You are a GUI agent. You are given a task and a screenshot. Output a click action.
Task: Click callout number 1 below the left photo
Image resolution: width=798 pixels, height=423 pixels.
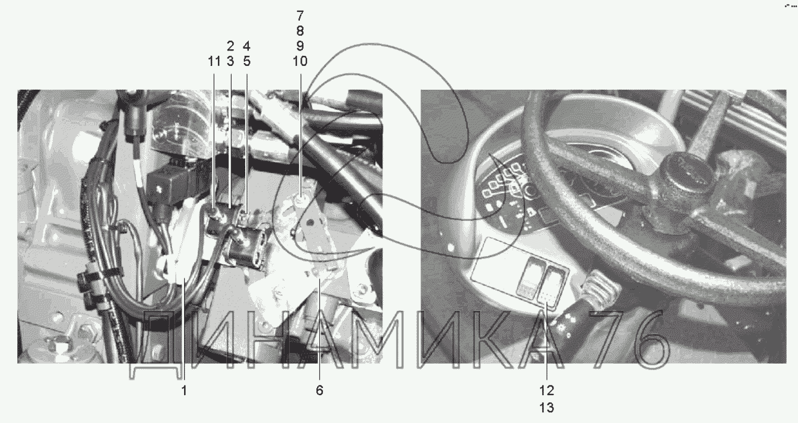184,390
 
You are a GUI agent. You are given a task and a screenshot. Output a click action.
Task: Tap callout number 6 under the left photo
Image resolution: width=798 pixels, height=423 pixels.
319,390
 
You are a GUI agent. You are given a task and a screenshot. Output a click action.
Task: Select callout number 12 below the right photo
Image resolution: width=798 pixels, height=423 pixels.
546,390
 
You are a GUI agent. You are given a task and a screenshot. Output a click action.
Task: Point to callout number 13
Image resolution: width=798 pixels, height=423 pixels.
546,408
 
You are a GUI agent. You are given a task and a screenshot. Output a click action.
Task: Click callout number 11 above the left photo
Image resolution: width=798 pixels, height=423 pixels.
214,61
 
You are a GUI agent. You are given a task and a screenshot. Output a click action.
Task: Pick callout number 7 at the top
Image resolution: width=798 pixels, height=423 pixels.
300,15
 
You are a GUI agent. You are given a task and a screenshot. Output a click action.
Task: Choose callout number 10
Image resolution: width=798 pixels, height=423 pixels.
300,61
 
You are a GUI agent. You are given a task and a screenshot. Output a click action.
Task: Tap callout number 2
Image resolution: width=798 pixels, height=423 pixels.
230,46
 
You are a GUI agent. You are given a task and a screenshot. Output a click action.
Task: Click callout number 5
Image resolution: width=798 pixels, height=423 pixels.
247,61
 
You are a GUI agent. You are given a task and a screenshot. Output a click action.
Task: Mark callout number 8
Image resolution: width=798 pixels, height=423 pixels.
300,31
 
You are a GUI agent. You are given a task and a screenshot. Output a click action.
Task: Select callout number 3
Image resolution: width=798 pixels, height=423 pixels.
230,61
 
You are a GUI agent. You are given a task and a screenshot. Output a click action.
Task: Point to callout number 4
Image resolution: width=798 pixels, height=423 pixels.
247,46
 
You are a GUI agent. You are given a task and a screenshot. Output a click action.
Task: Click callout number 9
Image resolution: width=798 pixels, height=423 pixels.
300,46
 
